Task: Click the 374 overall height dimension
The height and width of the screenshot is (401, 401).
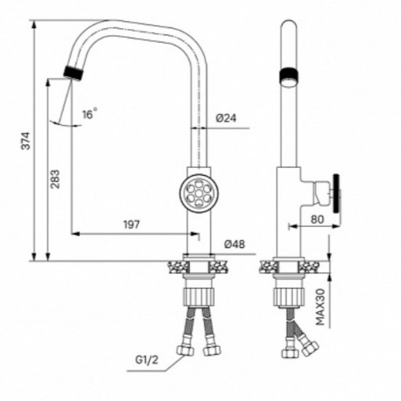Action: click(26, 140)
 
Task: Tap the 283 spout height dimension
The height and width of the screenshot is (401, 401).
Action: click(55, 179)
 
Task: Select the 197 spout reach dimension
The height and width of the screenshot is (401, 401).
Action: click(132, 225)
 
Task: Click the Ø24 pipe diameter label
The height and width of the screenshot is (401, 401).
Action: click(226, 118)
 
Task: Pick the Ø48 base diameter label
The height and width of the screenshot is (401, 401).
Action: click(235, 244)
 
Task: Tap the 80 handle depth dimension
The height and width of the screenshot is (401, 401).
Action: click(317, 219)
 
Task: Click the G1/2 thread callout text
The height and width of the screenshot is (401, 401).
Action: click(147, 360)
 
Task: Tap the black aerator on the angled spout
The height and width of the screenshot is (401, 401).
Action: click(73, 73)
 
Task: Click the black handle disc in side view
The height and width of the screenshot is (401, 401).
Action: click(337, 193)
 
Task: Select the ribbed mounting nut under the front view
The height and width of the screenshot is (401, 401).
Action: click(198, 296)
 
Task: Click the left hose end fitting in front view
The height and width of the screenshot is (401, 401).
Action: click(185, 350)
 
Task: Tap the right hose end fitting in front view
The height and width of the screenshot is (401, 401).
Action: click(212, 350)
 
